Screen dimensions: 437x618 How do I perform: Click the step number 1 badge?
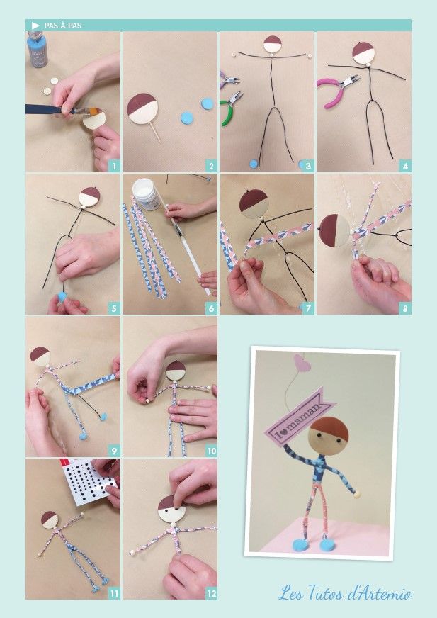click(114, 166)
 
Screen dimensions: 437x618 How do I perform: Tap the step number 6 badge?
click(211, 308)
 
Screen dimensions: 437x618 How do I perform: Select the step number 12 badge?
click(211, 593)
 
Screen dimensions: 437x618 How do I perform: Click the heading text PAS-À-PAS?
click(63, 26)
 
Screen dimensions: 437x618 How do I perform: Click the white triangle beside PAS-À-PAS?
click(35, 26)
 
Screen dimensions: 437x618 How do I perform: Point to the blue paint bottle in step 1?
click(38, 50)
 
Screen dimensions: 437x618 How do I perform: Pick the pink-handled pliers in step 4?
click(338, 91)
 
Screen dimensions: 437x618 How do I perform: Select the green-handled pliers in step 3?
click(231, 108)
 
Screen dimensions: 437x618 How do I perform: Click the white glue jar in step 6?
click(146, 194)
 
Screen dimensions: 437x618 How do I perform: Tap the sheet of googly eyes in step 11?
click(89, 482)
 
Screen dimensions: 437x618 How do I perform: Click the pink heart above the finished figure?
click(302, 364)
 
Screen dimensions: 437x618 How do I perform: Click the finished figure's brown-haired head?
click(329, 436)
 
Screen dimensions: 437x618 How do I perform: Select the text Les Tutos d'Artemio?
click(345, 594)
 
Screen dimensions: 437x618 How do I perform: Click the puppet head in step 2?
click(142, 108)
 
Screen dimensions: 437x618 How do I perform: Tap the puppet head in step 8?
click(334, 231)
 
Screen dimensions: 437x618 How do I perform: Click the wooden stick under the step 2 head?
click(155, 133)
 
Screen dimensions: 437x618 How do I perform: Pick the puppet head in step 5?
click(89, 197)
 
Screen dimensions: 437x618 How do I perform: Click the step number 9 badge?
click(114, 451)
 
